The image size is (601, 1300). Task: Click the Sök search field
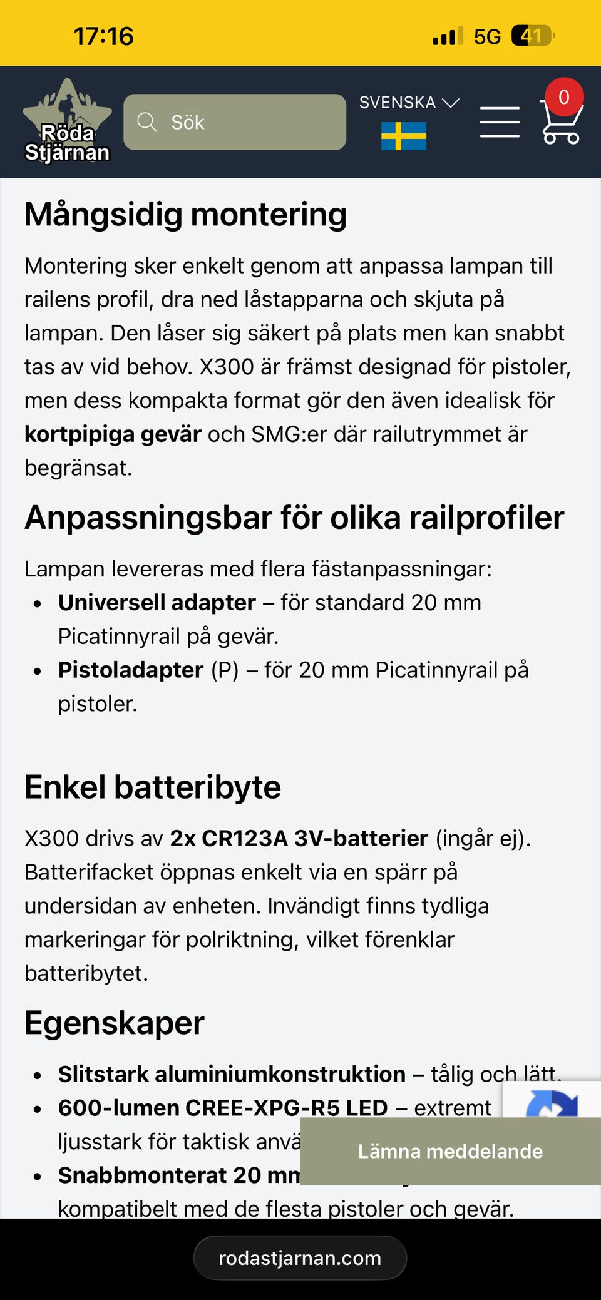click(x=235, y=122)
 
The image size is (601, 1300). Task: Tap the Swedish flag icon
click(x=404, y=136)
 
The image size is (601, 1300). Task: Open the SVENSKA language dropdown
click(x=409, y=103)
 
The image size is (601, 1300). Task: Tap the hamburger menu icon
click(x=500, y=122)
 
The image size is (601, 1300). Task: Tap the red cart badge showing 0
click(x=564, y=97)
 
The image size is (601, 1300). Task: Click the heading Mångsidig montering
click(x=185, y=215)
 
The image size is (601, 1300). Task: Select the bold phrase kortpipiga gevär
click(x=113, y=434)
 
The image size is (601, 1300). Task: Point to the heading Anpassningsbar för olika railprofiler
click(x=294, y=518)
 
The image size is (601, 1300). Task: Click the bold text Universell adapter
click(x=157, y=603)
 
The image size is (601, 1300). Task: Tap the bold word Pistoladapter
click(x=131, y=670)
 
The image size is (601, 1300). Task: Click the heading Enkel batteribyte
click(x=153, y=787)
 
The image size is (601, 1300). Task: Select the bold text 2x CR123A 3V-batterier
click(x=299, y=838)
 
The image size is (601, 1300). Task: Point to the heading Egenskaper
click(x=115, y=1023)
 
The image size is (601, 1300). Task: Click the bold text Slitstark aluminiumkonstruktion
click(x=232, y=1074)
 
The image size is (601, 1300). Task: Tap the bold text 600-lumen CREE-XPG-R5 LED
click(x=223, y=1108)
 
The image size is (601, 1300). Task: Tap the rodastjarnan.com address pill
click(x=300, y=1258)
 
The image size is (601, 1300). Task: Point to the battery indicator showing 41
click(x=532, y=36)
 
